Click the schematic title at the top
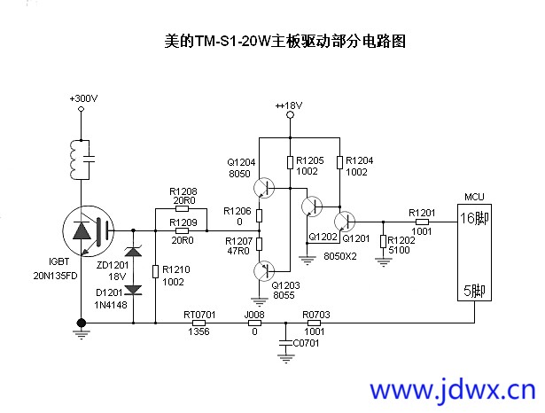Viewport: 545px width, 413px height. [x=285, y=41]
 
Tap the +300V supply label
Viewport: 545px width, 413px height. [x=83, y=97]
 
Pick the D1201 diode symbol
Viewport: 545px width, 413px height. [x=133, y=290]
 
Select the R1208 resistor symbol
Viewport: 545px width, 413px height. [x=182, y=208]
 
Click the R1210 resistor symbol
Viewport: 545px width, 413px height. [x=156, y=270]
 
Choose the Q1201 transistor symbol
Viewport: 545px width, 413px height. [x=343, y=221]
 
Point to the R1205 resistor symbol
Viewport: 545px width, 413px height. [x=290, y=162]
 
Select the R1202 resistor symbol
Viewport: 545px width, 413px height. [x=383, y=241]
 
